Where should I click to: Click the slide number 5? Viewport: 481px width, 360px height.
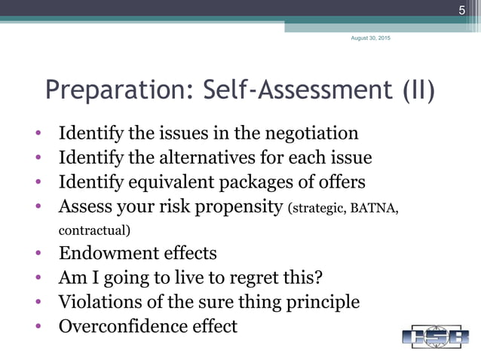463,11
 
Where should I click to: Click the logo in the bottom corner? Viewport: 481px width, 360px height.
434,335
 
